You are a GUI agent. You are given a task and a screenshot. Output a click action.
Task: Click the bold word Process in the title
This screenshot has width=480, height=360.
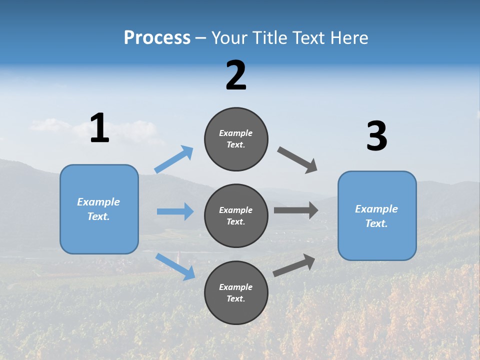157,38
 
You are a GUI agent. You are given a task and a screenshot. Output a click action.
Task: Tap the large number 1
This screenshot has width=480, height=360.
99,128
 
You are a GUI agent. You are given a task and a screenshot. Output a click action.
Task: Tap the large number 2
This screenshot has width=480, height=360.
236,75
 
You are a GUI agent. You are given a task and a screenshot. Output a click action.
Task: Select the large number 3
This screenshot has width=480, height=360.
377,136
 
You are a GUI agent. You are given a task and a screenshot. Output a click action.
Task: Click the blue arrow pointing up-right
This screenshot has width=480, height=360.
174,159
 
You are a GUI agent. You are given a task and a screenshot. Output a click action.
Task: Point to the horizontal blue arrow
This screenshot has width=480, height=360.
175,211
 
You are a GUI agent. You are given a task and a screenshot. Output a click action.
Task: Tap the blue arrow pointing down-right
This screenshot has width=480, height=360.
175,266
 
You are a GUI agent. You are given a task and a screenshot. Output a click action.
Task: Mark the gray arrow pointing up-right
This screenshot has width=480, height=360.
294,265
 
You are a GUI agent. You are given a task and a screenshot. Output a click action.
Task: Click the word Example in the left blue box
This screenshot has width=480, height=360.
98,202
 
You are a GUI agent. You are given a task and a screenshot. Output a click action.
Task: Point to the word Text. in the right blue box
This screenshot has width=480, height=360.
376,223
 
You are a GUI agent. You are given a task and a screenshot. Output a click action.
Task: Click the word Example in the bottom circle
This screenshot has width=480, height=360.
236,287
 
